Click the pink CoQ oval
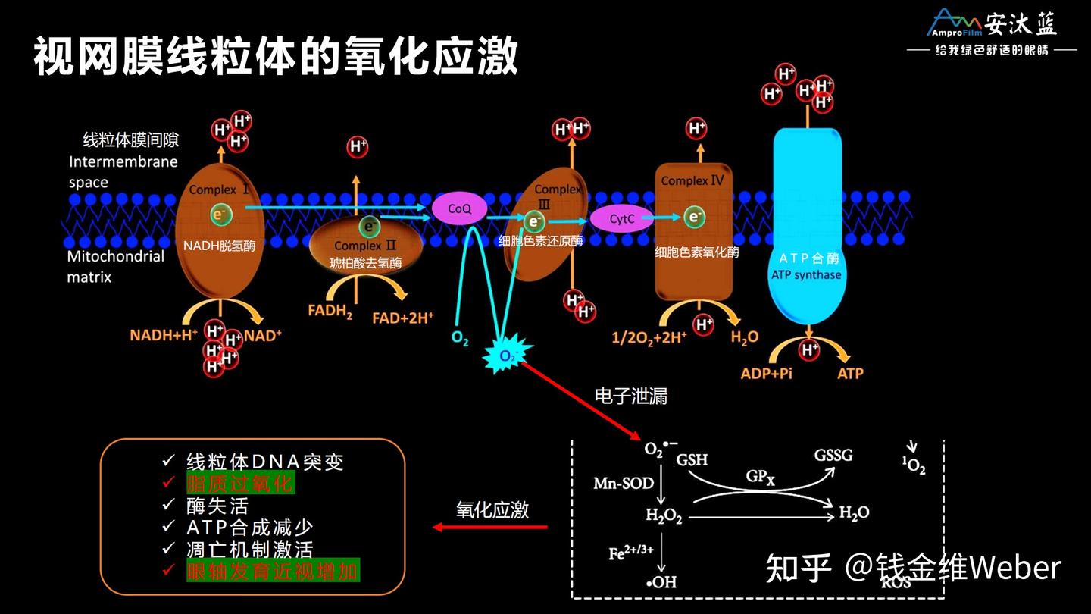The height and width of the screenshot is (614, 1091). (459, 208)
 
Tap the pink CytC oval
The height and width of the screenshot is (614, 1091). (621, 219)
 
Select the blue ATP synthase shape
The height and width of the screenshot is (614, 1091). (808, 227)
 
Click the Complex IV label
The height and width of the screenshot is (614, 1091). (692, 181)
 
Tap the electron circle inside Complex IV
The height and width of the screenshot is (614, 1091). (694, 218)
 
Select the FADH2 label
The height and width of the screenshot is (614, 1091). (330, 311)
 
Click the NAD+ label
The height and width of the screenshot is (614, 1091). (262, 335)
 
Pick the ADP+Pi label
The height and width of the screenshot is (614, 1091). (766, 373)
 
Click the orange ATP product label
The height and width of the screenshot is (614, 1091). (849, 373)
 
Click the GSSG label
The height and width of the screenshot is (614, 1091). (833, 456)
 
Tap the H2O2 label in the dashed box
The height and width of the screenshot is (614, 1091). (664, 516)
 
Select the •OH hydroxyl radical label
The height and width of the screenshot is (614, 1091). (661, 582)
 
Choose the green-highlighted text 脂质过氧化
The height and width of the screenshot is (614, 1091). (240, 483)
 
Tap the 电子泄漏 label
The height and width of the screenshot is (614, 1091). (631, 396)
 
